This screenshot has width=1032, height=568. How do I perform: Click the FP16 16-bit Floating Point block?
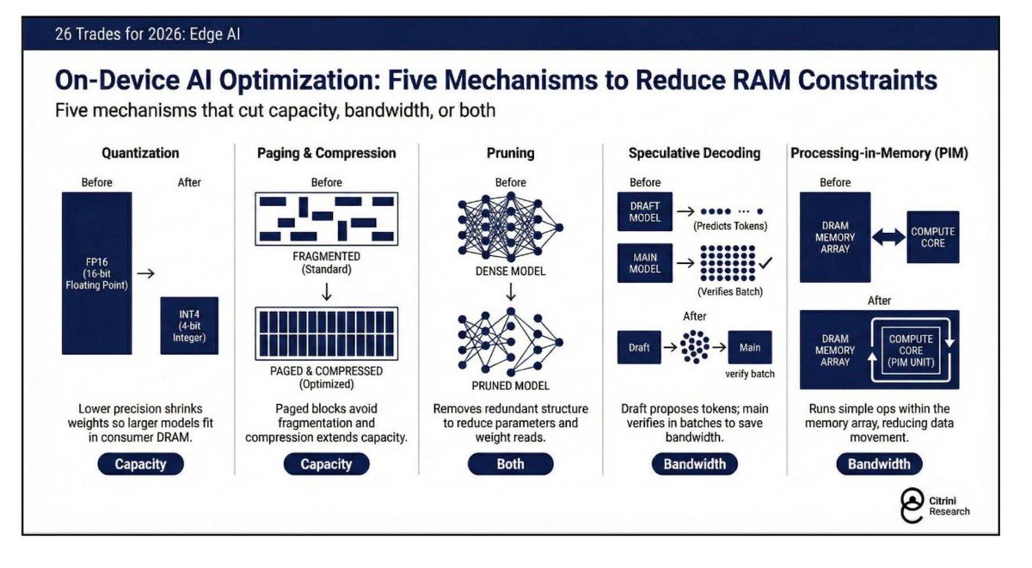(x=97, y=273)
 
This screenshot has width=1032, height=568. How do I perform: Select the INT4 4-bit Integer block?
(x=189, y=326)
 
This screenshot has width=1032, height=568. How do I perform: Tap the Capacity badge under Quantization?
(x=140, y=464)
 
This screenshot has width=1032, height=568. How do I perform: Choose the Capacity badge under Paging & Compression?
(x=326, y=464)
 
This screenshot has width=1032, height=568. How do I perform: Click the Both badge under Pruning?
(x=510, y=464)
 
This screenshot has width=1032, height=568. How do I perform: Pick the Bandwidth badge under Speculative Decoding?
(x=694, y=464)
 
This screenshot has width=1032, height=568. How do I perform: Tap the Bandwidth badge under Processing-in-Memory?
(x=879, y=464)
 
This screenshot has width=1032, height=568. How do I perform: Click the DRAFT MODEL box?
(x=644, y=212)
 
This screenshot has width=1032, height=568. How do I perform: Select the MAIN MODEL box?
(x=644, y=263)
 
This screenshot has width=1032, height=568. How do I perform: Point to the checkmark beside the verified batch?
(x=765, y=263)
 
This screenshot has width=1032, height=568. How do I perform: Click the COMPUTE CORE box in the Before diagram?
(x=933, y=237)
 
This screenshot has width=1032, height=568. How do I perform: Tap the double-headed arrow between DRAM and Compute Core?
(x=888, y=237)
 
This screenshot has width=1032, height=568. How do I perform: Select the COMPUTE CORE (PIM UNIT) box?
(x=911, y=350)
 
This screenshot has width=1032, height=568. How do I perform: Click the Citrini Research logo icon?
(x=912, y=506)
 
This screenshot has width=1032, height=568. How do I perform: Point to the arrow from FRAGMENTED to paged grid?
(x=326, y=292)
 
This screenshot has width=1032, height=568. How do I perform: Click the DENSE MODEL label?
(x=510, y=271)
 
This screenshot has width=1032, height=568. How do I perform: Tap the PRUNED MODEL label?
(x=510, y=386)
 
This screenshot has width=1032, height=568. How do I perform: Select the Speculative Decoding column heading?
(x=694, y=153)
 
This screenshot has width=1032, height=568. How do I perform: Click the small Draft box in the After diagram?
(x=639, y=348)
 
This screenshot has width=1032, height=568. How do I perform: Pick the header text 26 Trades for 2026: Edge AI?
(x=147, y=34)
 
